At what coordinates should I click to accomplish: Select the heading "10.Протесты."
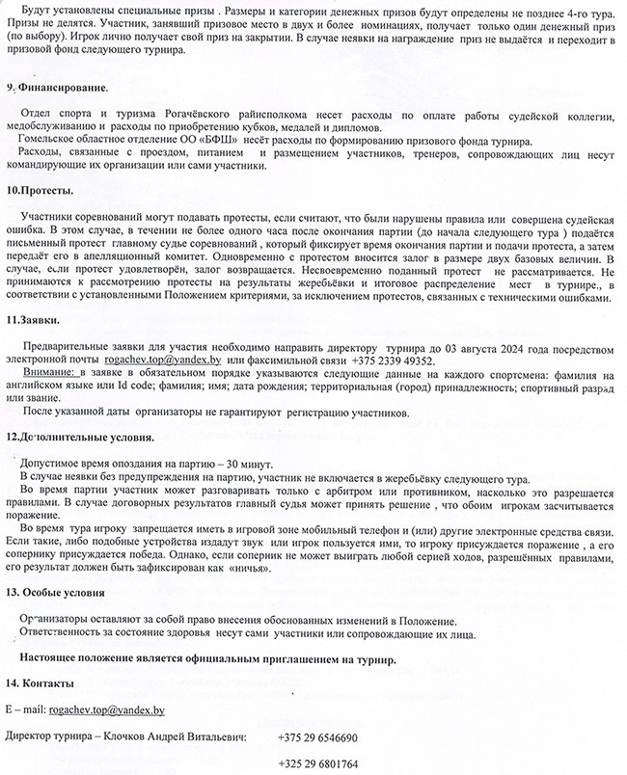click(x=41, y=191)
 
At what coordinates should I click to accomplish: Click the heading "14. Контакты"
click(x=38, y=682)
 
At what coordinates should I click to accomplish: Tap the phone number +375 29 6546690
click(x=317, y=737)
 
